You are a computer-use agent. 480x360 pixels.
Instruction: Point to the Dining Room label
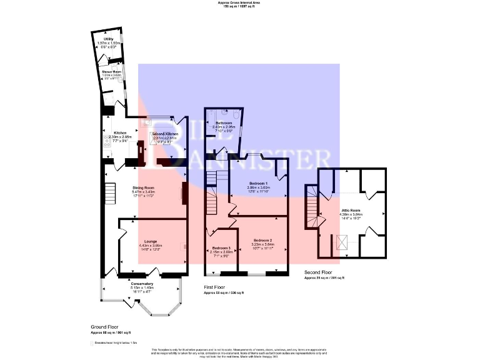143,187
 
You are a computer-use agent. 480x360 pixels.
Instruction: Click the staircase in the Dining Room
109,192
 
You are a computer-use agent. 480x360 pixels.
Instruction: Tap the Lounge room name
150,241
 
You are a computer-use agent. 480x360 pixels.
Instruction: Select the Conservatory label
142,284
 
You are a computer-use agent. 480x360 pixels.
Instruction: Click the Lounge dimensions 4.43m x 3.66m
150,246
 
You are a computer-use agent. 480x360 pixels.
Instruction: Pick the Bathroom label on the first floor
222,122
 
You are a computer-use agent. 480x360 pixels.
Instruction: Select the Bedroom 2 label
261,240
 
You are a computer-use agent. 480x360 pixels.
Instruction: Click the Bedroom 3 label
221,248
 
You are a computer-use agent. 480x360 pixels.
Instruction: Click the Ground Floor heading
106,327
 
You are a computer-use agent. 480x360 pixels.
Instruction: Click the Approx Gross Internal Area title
239,3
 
